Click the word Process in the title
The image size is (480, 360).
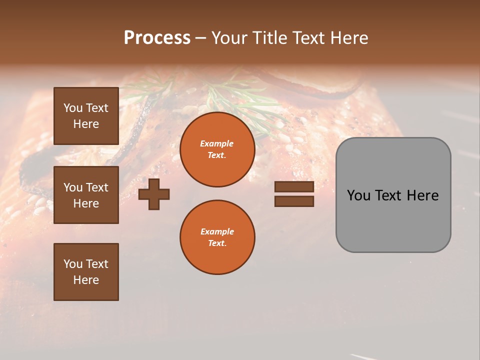coord(157,38)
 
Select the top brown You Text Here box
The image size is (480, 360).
coord(86,116)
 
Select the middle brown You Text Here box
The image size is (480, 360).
coord(86,195)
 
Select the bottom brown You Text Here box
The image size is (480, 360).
coord(86,272)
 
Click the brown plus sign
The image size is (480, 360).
coord(154,193)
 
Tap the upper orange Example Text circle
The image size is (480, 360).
coord(217,149)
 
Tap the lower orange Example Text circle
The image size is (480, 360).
coord(217,237)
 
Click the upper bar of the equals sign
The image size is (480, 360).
coord(294,186)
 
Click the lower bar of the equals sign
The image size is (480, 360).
coord(294,201)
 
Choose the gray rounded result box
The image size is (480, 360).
coord(393,220)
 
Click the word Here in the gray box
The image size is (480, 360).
coord(422,195)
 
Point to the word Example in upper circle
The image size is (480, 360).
coord(217,144)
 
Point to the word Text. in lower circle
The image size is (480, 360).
coord(217,243)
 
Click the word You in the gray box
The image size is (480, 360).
coord(359,195)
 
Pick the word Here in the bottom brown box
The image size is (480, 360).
coord(86,280)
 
